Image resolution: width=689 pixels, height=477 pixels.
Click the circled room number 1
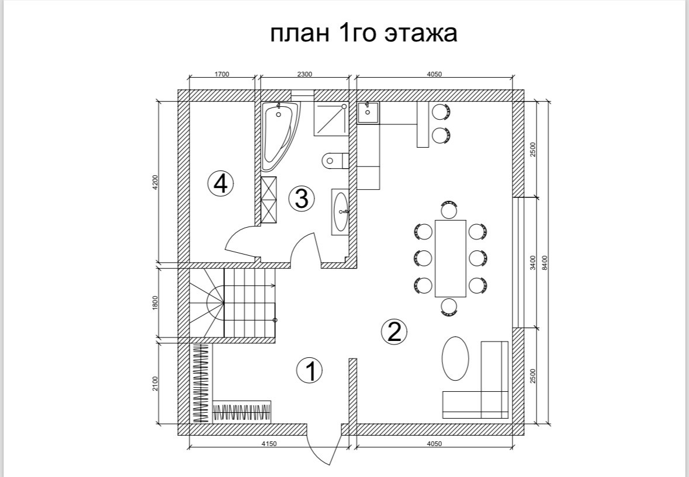click(310, 371)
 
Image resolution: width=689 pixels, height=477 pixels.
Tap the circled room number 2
click(394, 332)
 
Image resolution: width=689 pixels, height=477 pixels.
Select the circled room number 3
click(302, 199)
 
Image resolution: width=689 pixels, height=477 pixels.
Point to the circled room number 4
click(220, 184)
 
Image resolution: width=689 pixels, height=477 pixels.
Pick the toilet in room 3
click(334, 160)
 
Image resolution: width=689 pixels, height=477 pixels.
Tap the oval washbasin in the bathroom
click(341, 212)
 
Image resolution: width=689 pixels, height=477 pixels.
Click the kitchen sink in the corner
click(368, 113)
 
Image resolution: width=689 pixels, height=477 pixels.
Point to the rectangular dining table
click(451, 258)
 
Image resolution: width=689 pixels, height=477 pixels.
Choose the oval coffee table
click(455, 358)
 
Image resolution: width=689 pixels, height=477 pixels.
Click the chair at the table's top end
click(449, 209)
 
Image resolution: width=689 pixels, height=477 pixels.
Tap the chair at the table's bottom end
click(449, 307)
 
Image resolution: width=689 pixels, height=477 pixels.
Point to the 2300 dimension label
click(304, 74)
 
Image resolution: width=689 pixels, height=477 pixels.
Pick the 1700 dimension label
click(222, 74)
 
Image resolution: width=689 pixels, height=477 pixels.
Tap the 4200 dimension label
click(155, 182)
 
